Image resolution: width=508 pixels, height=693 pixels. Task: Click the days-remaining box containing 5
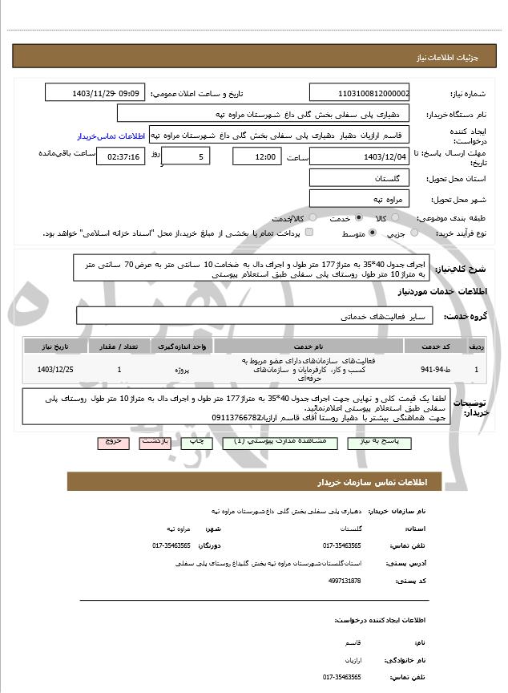(x=186, y=156)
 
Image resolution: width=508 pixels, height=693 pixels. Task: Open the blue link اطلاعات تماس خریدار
(x=109, y=136)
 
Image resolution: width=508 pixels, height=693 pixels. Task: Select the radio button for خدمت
(x=358, y=218)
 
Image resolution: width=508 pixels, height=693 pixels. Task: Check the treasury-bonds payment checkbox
(x=310, y=233)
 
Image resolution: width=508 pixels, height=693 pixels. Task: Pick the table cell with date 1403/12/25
(x=55, y=370)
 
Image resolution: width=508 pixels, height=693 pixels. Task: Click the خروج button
(x=111, y=442)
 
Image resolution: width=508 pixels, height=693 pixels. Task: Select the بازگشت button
(x=154, y=442)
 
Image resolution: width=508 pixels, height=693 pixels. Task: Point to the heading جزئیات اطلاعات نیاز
(x=449, y=58)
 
